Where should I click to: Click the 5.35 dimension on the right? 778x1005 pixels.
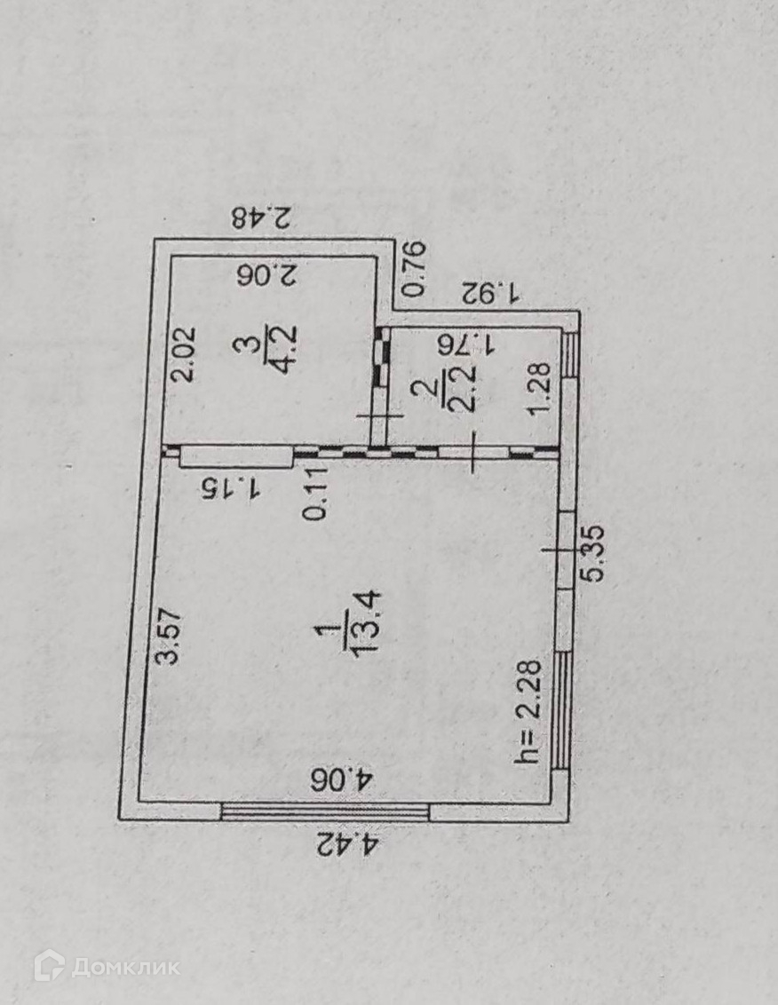tap(592, 553)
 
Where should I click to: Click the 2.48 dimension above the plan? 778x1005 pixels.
tap(263, 218)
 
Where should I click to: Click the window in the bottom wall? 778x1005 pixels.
tap(325, 810)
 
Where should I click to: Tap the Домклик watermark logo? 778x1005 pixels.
tap(107, 965)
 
